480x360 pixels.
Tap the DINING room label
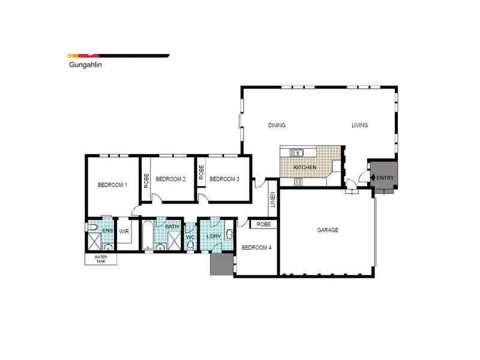(277, 125)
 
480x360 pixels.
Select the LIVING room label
(359, 125)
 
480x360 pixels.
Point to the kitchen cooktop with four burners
(298, 182)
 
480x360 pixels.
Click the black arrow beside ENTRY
(373, 178)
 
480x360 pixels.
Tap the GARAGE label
(328, 230)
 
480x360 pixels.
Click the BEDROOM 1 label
(112, 185)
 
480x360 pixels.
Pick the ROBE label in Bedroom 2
(146, 181)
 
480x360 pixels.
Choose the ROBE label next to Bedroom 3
(202, 173)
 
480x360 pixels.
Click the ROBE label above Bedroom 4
(263, 224)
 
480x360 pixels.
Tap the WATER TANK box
(100, 259)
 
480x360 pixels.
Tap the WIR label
(125, 231)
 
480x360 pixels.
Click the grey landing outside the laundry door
(220, 265)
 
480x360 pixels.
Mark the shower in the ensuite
(94, 244)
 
